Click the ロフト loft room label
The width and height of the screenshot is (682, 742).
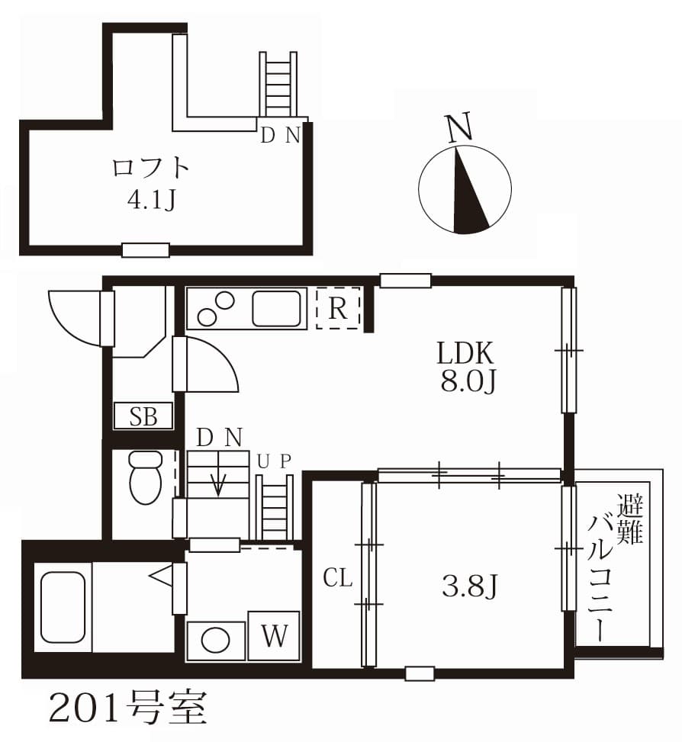tap(150, 167)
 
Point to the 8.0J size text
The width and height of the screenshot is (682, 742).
tap(468, 382)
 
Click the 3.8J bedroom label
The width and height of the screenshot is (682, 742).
tap(470, 586)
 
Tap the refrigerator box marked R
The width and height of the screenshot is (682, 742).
tap(337, 308)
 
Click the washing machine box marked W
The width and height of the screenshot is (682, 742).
tap(274, 635)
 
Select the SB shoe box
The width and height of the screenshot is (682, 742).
tap(143, 416)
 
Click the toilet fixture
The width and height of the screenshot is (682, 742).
tap(145, 477)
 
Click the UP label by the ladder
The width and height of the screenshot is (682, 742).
tap(274, 461)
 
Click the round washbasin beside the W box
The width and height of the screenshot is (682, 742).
tap(215, 639)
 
